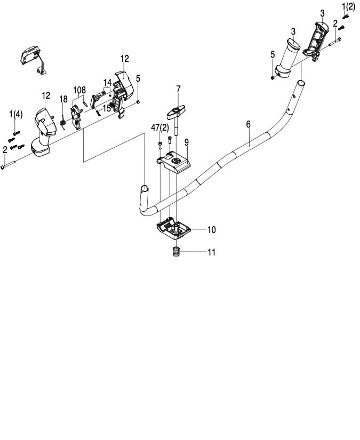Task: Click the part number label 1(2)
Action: pos(348,6)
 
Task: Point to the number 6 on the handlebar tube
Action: pos(248,124)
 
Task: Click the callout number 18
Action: pos(63,99)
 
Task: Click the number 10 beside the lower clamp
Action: pos(211,230)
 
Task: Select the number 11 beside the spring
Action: pos(211,252)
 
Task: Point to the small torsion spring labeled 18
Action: pos(62,123)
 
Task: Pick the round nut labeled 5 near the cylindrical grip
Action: pos(273,76)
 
